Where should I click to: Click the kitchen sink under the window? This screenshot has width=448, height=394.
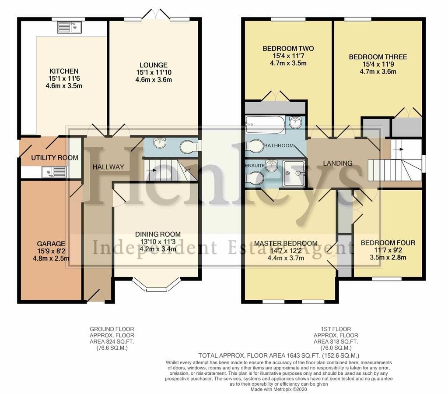tap(70, 27)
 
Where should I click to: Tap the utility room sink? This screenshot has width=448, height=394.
tap(54, 172)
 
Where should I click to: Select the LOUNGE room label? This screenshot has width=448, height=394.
tap(154, 65)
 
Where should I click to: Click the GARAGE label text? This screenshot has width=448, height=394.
tap(51, 244)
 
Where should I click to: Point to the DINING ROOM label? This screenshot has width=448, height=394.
tap(158, 234)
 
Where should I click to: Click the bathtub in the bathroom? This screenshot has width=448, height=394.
tap(265, 124)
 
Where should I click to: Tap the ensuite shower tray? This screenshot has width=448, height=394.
tap(294, 174)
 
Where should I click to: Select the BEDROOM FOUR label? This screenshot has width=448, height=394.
tap(388, 243)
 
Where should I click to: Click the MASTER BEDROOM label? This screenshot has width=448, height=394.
tap(286, 244)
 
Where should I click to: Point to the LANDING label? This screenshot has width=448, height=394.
tap(338, 163)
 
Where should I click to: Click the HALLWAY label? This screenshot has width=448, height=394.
tap(108, 167)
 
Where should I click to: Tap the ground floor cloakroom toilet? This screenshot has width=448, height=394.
tap(190, 147)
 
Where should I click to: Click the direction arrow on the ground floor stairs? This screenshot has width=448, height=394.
tap(151, 170)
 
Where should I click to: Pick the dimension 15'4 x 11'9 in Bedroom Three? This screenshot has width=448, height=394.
tap(378, 64)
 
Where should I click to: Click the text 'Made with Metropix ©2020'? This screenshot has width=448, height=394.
tap(279, 390)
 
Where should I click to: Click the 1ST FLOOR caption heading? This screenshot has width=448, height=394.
tap(336, 329)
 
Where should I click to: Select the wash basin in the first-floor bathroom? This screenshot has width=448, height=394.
tap(295, 122)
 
